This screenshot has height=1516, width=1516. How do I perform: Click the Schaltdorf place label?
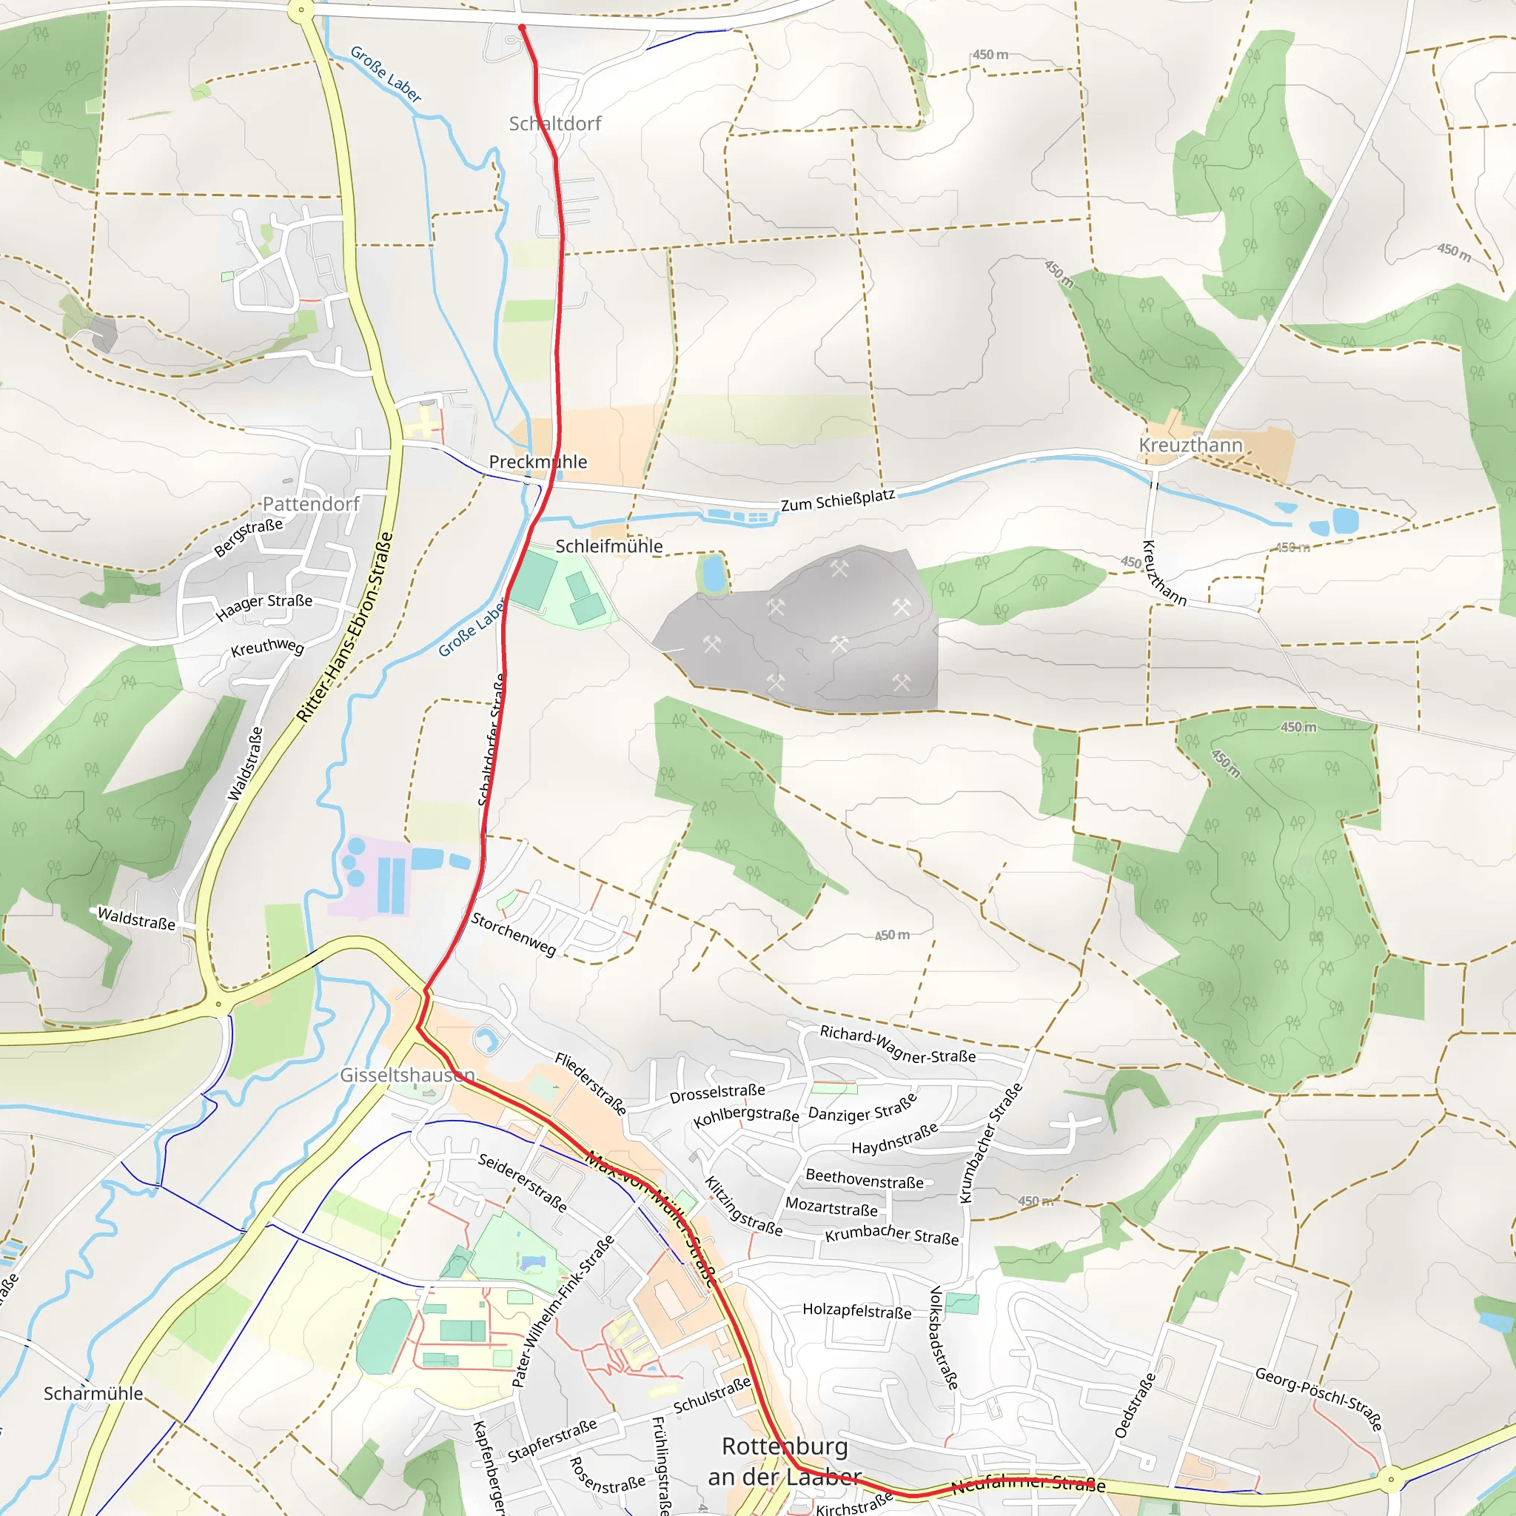click(x=554, y=123)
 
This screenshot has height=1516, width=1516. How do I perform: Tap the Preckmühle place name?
click(x=537, y=461)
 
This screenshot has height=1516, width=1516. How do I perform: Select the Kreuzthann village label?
click(x=1190, y=445)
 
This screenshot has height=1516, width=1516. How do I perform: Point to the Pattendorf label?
click(x=311, y=504)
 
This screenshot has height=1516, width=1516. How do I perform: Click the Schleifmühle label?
click(x=609, y=546)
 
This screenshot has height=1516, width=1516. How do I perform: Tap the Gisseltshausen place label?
click(x=407, y=1074)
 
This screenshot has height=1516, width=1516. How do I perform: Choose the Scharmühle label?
click(x=93, y=1394)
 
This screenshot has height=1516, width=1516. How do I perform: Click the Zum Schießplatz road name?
click(x=837, y=500)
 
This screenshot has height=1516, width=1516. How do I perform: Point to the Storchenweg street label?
click(x=513, y=933)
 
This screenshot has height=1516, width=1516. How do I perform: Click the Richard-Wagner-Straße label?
click(x=898, y=1044)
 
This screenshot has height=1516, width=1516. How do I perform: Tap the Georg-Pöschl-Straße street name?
click(x=1318, y=1398)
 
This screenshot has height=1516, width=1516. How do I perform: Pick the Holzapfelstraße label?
click(x=857, y=1309)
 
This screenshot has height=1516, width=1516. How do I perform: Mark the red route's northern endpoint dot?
click(x=522, y=27)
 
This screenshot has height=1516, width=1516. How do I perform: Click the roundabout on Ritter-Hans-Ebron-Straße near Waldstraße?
click(x=219, y=1004)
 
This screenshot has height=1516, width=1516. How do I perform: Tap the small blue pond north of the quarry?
click(x=714, y=574)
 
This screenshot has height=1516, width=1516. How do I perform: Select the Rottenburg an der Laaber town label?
click(x=784, y=1461)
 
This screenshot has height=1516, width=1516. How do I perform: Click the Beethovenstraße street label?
click(x=865, y=1178)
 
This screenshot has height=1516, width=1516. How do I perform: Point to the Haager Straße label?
click(x=264, y=606)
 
